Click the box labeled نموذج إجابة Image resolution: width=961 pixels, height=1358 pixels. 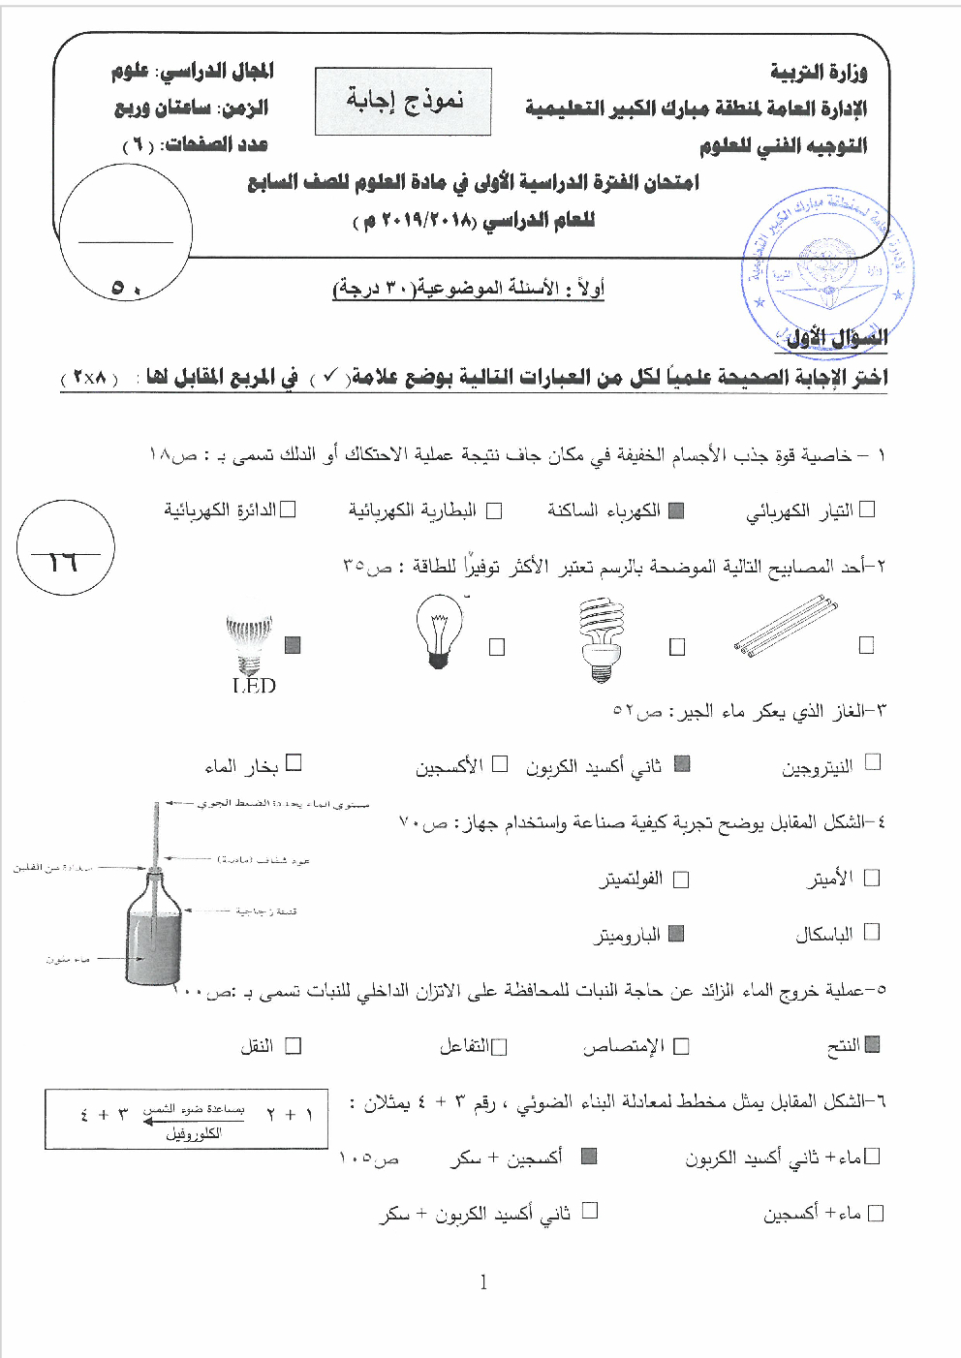[403, 101]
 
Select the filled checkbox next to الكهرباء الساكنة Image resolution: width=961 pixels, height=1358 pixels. [676, 510]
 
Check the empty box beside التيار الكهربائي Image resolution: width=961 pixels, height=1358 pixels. [867, 509]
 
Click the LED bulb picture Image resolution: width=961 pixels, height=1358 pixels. [249, 645]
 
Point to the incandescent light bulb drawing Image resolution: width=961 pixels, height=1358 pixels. [438, 631]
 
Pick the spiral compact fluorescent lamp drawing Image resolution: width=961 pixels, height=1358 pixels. [601, 638]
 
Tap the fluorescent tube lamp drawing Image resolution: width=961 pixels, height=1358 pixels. [786, 627]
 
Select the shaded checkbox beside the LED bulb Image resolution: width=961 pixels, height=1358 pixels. [293, 645]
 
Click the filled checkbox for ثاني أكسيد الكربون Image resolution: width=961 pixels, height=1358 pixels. [682, 764]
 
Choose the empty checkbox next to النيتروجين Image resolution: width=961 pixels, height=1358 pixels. [873, 762]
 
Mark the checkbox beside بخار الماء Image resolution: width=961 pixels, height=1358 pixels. [294, 762]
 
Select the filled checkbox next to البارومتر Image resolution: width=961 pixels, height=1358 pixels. [676, 933]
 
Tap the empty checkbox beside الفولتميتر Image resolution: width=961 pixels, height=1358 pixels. [681, 880]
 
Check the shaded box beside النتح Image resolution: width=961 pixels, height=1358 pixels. [872, 1044]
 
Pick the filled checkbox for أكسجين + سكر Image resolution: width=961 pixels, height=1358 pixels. [588, 1156]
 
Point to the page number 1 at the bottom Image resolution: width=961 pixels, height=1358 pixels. [483, 1282]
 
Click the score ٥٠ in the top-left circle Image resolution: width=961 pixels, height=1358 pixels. [126, 288]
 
